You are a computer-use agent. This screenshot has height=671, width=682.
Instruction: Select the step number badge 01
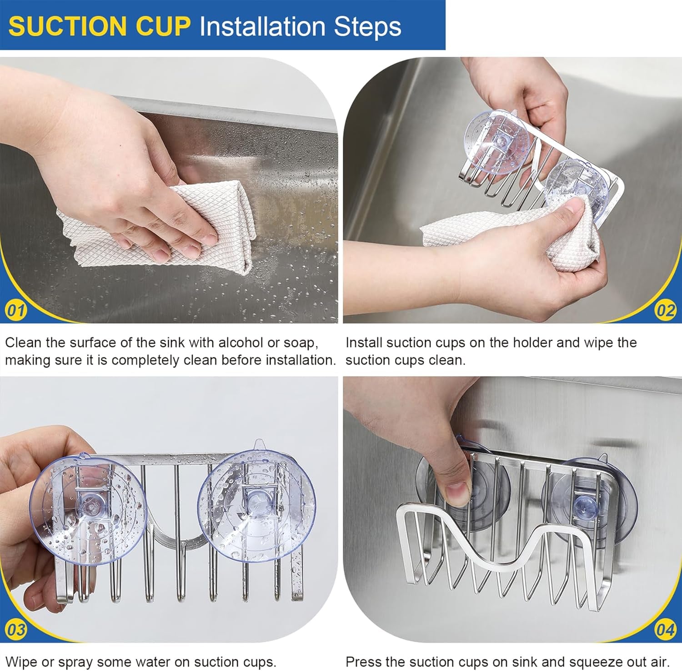tap(16, 311)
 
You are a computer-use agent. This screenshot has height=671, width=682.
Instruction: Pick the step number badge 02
tap(665, 310)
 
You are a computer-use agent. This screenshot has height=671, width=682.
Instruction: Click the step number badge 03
tap(16, 630)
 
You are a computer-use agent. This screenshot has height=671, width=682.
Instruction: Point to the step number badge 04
tap(665, 630)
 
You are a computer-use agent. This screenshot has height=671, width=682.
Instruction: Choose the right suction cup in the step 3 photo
tap(257, 506)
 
